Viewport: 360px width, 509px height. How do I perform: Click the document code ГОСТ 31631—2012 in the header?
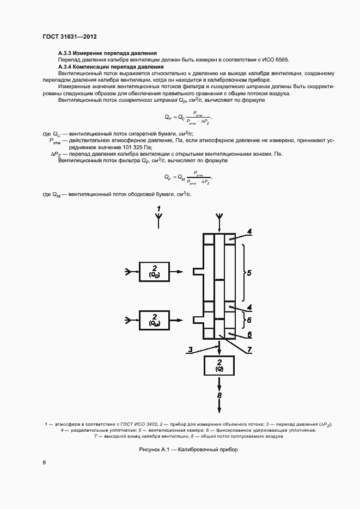[70, 37]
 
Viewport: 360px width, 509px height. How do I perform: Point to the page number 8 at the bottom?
[44, 463]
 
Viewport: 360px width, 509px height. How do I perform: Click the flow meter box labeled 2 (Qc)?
[155, 271]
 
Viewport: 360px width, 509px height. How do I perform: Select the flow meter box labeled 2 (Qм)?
[155, 320]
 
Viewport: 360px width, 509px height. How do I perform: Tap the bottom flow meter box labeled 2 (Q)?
[219, 366]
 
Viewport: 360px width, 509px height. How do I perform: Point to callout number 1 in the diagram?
[158, 208]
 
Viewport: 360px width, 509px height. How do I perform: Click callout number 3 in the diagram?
[190, 349]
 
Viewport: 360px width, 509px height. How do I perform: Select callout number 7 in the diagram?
[248, 349]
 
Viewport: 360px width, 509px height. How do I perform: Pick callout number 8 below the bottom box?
[219, 396]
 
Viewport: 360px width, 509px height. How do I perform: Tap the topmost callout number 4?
[249, 232]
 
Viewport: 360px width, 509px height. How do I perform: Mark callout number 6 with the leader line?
[249, 334]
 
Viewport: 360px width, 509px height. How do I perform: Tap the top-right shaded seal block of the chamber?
[229, 240]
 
